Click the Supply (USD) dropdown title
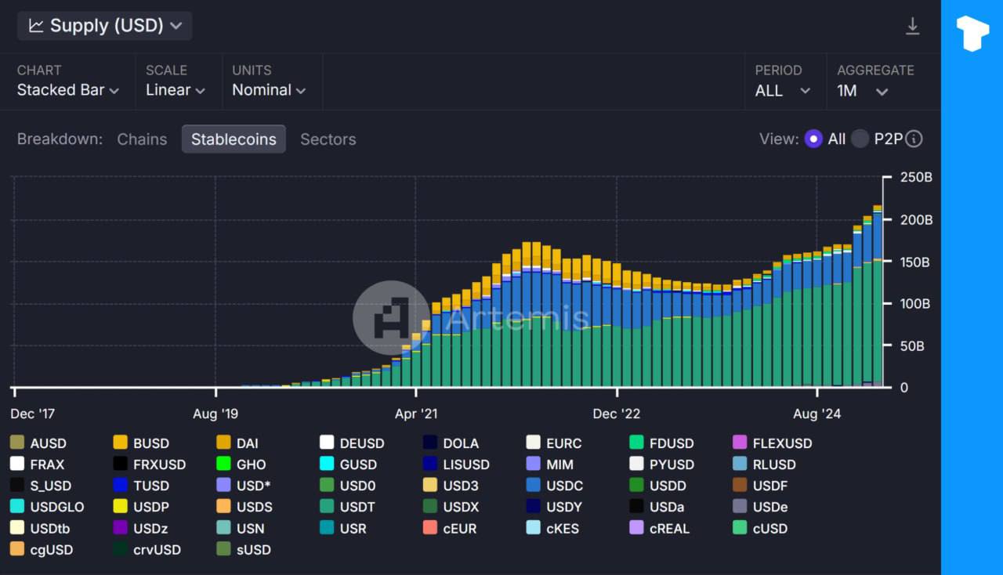(105, 26)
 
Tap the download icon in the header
(912, 27)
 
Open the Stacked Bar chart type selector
(68, 90)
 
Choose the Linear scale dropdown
(175, 90)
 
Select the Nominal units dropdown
(268, 90)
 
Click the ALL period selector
(781, 91)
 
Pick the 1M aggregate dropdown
(861, 91)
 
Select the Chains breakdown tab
(142, 139)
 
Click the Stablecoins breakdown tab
(234, 139)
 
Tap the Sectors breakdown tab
(328, 139)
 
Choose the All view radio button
(813, 139)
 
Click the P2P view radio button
(860, 139)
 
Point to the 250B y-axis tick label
(915, 178)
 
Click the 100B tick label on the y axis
(915, 304)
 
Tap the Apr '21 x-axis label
(416, 414)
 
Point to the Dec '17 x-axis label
(33, 414)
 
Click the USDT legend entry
(346, 507)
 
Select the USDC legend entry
(554, 486)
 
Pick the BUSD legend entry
(141, 443)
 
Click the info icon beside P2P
(914, 139)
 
